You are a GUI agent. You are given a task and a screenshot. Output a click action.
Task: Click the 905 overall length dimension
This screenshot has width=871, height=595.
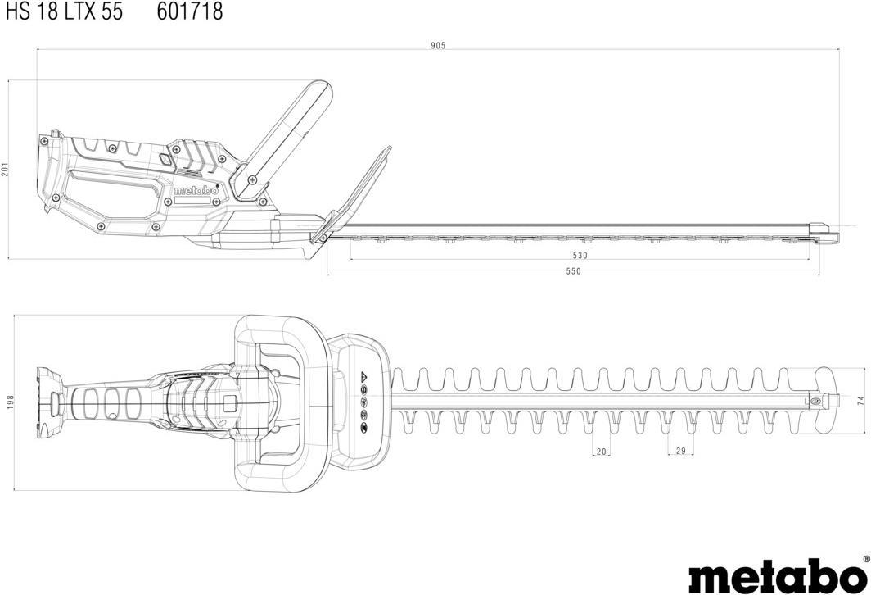coord(438,45)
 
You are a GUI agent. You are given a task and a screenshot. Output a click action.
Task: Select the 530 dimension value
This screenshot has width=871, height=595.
coord(580,255)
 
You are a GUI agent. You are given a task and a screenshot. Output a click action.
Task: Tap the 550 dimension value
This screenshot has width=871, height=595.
coord(573,271)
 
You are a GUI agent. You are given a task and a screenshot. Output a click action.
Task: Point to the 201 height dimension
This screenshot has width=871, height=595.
coord(5,169)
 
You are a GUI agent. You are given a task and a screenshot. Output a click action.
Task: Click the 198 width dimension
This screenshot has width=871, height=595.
coord(11,402)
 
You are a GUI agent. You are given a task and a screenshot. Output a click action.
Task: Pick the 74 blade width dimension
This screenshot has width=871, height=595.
coord(860,400)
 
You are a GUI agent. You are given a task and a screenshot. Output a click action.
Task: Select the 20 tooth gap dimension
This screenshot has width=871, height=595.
coord(602,451)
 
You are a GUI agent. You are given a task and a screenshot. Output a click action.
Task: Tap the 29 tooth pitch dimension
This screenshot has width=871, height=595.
coord(681,451)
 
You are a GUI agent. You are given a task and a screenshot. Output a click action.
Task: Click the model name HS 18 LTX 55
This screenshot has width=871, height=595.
coord(62,11)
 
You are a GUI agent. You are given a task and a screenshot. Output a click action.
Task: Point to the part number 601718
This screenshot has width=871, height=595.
coord(189,11)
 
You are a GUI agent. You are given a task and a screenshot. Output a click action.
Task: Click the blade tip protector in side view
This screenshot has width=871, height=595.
coord(823,231)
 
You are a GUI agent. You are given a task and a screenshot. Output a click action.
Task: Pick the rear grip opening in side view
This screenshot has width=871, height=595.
coord(115,196)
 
